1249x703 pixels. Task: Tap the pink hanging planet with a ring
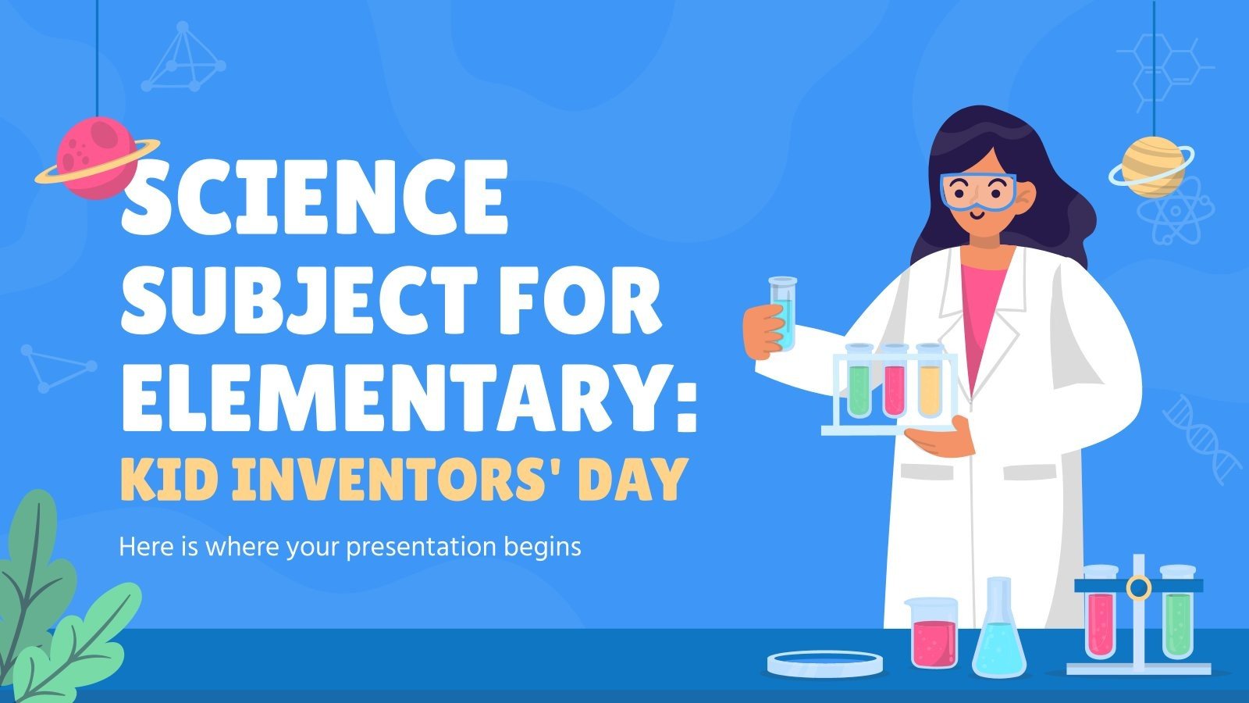click(95, 157)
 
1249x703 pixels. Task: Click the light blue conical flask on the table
click(998, 637)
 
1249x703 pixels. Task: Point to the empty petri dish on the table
click(825, 663)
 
